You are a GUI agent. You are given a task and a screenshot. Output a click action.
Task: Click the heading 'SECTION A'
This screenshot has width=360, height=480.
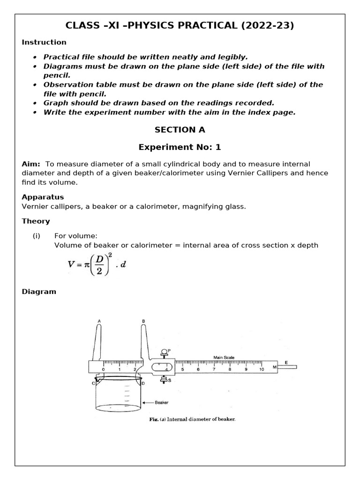pos(180,130)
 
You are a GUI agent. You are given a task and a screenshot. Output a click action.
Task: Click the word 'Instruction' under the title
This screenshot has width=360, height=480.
pos(44,42)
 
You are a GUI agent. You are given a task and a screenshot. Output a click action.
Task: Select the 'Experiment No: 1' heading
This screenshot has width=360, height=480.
pos(180,147)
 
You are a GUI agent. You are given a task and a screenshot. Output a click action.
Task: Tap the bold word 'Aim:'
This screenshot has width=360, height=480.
pos(31,164)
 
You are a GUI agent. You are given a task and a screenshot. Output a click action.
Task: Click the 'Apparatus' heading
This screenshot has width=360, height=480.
pos(43,197)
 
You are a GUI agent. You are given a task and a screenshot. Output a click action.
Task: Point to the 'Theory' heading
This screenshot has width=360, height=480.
pos(36,221)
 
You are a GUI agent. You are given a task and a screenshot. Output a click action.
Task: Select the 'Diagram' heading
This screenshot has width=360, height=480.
pos(39,292)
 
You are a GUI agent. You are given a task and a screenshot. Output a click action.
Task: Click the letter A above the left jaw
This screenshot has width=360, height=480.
pos(99,321)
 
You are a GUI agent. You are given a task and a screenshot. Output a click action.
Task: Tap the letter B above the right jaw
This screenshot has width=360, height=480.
pos(143,321)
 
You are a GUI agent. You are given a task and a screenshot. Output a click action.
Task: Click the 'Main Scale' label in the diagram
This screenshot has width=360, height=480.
pos(224,358)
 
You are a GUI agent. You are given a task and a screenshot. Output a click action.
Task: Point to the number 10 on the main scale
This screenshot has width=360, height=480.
pos(262,369)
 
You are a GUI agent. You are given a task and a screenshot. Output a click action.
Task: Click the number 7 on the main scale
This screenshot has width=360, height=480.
pos(214,369)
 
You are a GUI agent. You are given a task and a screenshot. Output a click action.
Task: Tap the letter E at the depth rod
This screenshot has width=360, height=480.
pos(286,363)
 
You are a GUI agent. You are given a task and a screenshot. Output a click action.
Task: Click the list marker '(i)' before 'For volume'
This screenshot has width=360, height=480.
pos(37,236)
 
